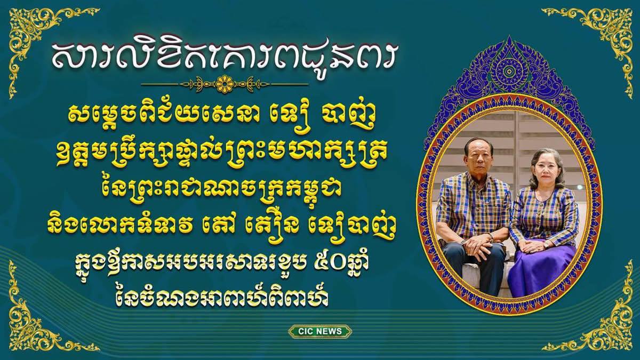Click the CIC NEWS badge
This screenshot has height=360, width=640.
pos(320,331)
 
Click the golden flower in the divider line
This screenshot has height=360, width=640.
pos(225,84)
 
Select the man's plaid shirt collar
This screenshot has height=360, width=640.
pos(478,179)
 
